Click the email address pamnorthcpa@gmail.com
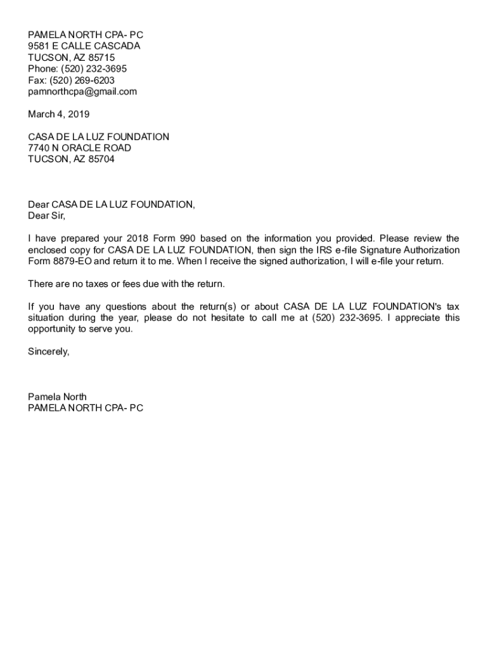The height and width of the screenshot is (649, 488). pyautogui.click(x=82, y=91)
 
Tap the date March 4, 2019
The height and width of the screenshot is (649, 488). pyautogui.click(x=58, y=114)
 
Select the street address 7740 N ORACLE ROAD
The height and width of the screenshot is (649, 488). pyautogui.click(x=80, y=148)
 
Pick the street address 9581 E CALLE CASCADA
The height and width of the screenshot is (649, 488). pyautogui.click(x=84, y=46)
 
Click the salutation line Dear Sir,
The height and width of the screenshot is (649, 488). pyautogui.click(x=46, y=215)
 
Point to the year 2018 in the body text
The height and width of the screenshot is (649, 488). pyautogui.click(x=138, y=238)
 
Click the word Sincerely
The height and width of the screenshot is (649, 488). pyautogui.click(x=48, y=352)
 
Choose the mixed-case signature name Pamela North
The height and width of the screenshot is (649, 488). pyautogui.click(x=57, y=397)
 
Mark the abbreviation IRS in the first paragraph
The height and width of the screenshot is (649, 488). pyautogui.click(x=324, y=250)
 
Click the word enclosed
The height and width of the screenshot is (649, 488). pyautogui.click(x=48, y=250)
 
